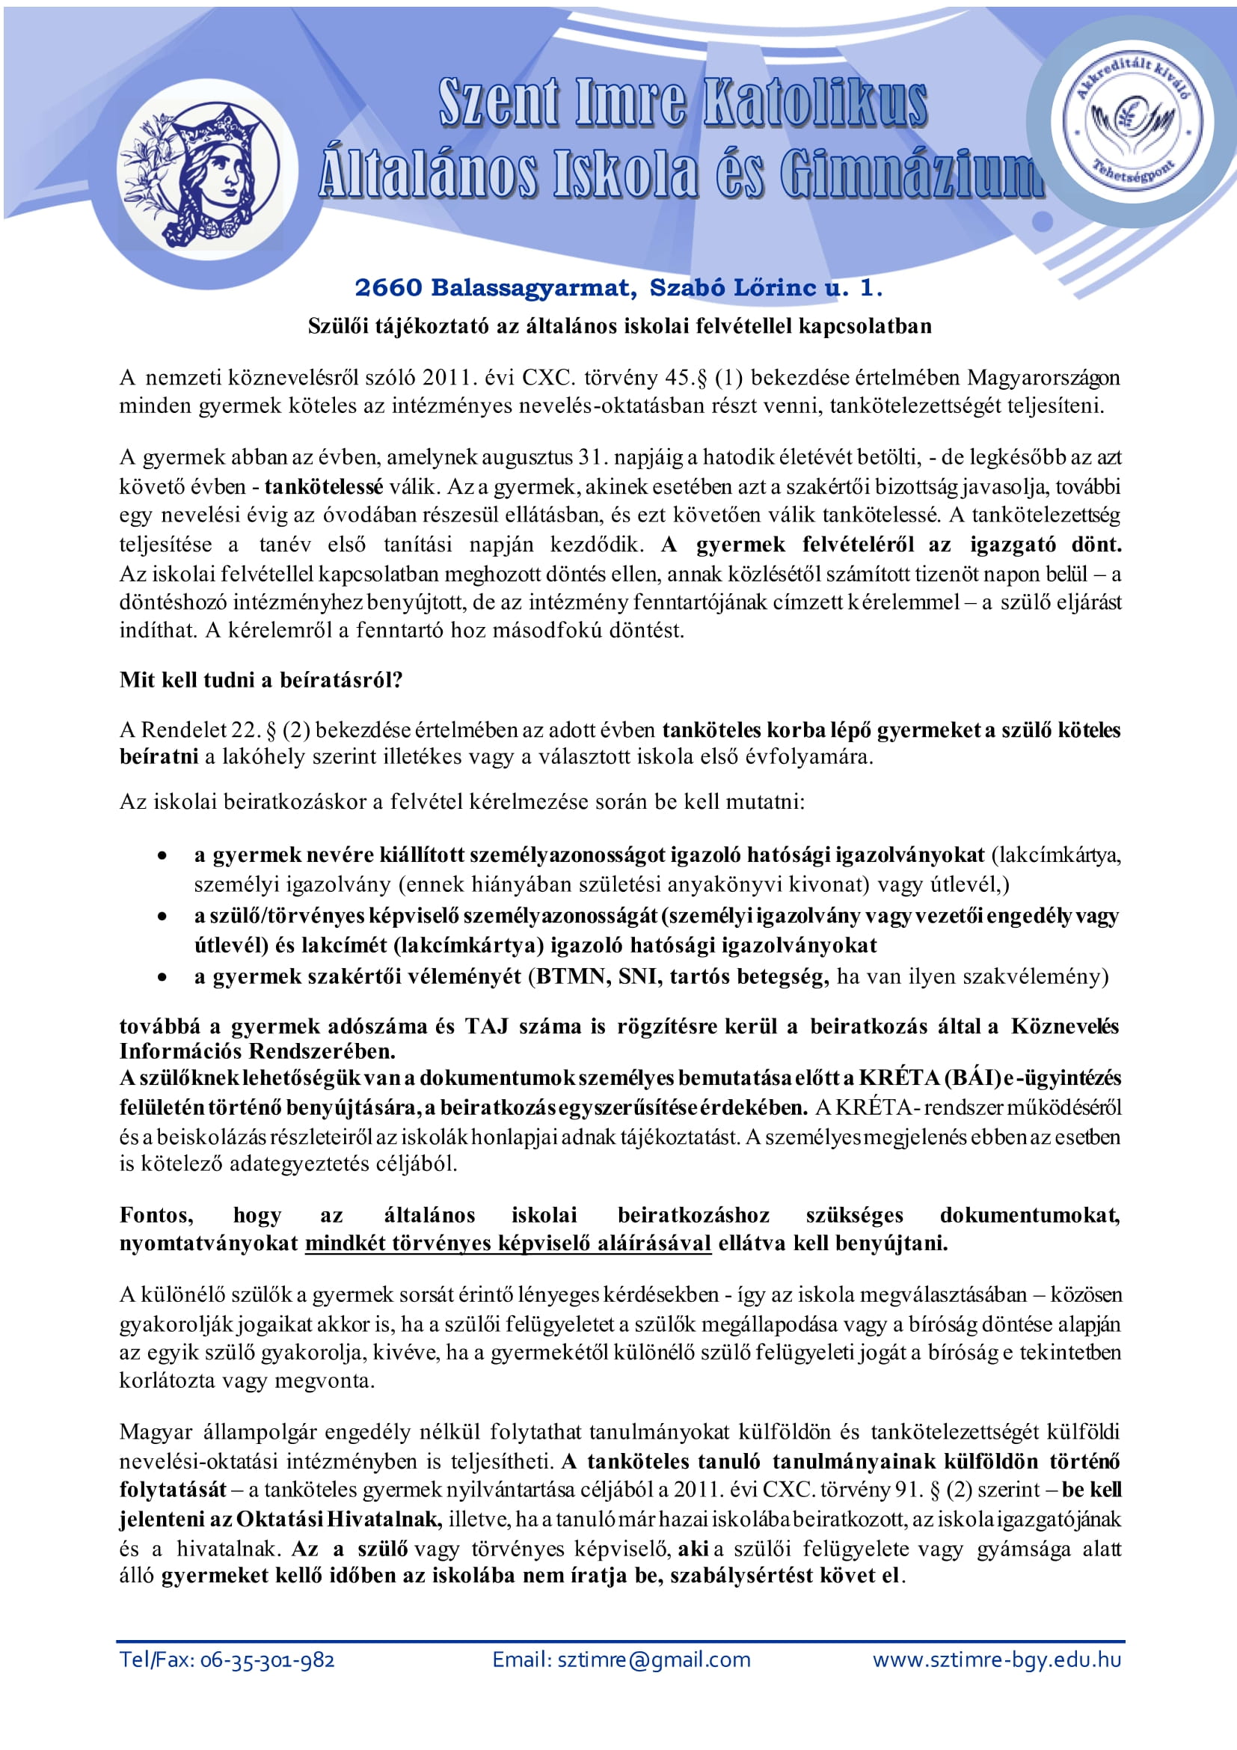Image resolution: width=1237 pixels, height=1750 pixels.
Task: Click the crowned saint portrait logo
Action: pyautogui.click(x=200, y=177)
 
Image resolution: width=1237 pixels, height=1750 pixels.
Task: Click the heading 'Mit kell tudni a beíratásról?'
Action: pyautogui.click(x=260, y=680)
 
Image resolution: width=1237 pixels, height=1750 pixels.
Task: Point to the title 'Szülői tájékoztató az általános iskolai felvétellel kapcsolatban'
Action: pyautogui.click(x=619, y=326)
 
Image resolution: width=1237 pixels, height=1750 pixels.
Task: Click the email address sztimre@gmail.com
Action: pyautogui.click(x=654, y=1660)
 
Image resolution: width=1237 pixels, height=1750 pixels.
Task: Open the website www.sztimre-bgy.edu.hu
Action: pyautogui.click(x=997, y=1660)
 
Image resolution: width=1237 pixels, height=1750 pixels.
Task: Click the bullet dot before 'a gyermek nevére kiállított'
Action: pyautogui.click(x=162, y=857)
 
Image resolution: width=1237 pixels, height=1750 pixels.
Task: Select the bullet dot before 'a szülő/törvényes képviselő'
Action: pyautogui.click(x=162, y=917)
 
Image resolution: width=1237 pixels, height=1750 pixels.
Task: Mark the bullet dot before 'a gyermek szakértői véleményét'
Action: pyautogui.click(x=162, y=978)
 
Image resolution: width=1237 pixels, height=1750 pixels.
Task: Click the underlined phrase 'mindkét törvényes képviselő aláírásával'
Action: pyautogui.click(x=508, y=1243)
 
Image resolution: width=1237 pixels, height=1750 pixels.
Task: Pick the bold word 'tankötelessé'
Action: pyautogui.click(x=324, y=487)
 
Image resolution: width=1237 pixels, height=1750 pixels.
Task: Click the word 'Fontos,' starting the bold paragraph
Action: pyautogui.click(x=156, y=1215)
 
